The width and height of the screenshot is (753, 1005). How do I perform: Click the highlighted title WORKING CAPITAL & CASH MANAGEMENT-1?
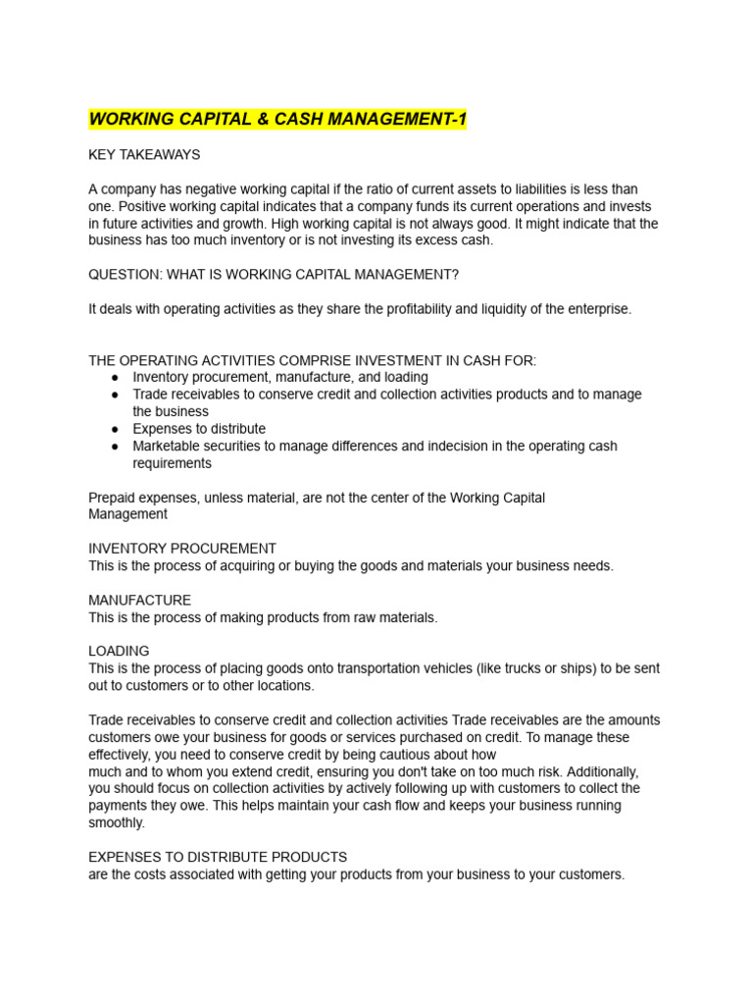pos(277,120)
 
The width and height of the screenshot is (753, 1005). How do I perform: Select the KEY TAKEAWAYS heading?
pos(144,155)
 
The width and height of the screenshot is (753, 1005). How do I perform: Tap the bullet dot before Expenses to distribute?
pos(115,429)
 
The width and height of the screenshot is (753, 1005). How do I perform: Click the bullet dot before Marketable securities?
pos(115,447)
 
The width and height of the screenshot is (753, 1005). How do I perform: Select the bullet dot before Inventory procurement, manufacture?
pos(115,378)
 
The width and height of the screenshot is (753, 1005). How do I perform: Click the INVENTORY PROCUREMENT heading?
pos(182,549)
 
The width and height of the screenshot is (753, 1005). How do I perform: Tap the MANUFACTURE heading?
pos(140,600)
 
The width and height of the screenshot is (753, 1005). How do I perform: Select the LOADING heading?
pos(119,651)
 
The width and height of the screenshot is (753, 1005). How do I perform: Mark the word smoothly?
pos(116,823)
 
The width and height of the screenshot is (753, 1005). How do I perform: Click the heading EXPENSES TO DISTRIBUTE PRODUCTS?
pos(218,857)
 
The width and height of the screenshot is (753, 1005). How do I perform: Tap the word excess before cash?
pos(434,240)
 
